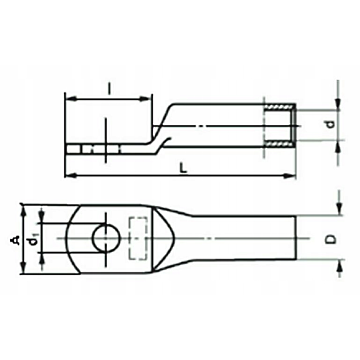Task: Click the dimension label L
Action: click(x=182, y=168)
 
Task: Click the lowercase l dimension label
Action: click(x=109, y=88)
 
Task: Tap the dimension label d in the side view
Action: click(x=330, y=124)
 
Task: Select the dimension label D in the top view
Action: click(x=331, y=239)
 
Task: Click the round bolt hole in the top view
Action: click(x=106, y=238)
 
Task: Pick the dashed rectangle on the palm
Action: click(x=138, y=238)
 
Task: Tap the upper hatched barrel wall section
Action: click(x=279, y=107)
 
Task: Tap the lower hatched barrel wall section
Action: click(x=279, y=144)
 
